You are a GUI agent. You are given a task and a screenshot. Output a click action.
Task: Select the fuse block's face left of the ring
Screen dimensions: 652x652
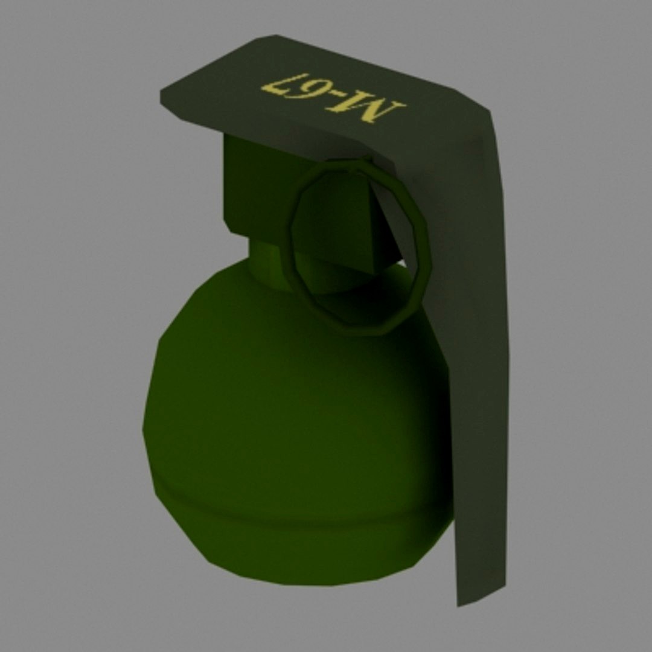[x=254, y=187]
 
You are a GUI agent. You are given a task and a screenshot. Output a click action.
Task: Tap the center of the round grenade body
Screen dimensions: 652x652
[x=296, y=411]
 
